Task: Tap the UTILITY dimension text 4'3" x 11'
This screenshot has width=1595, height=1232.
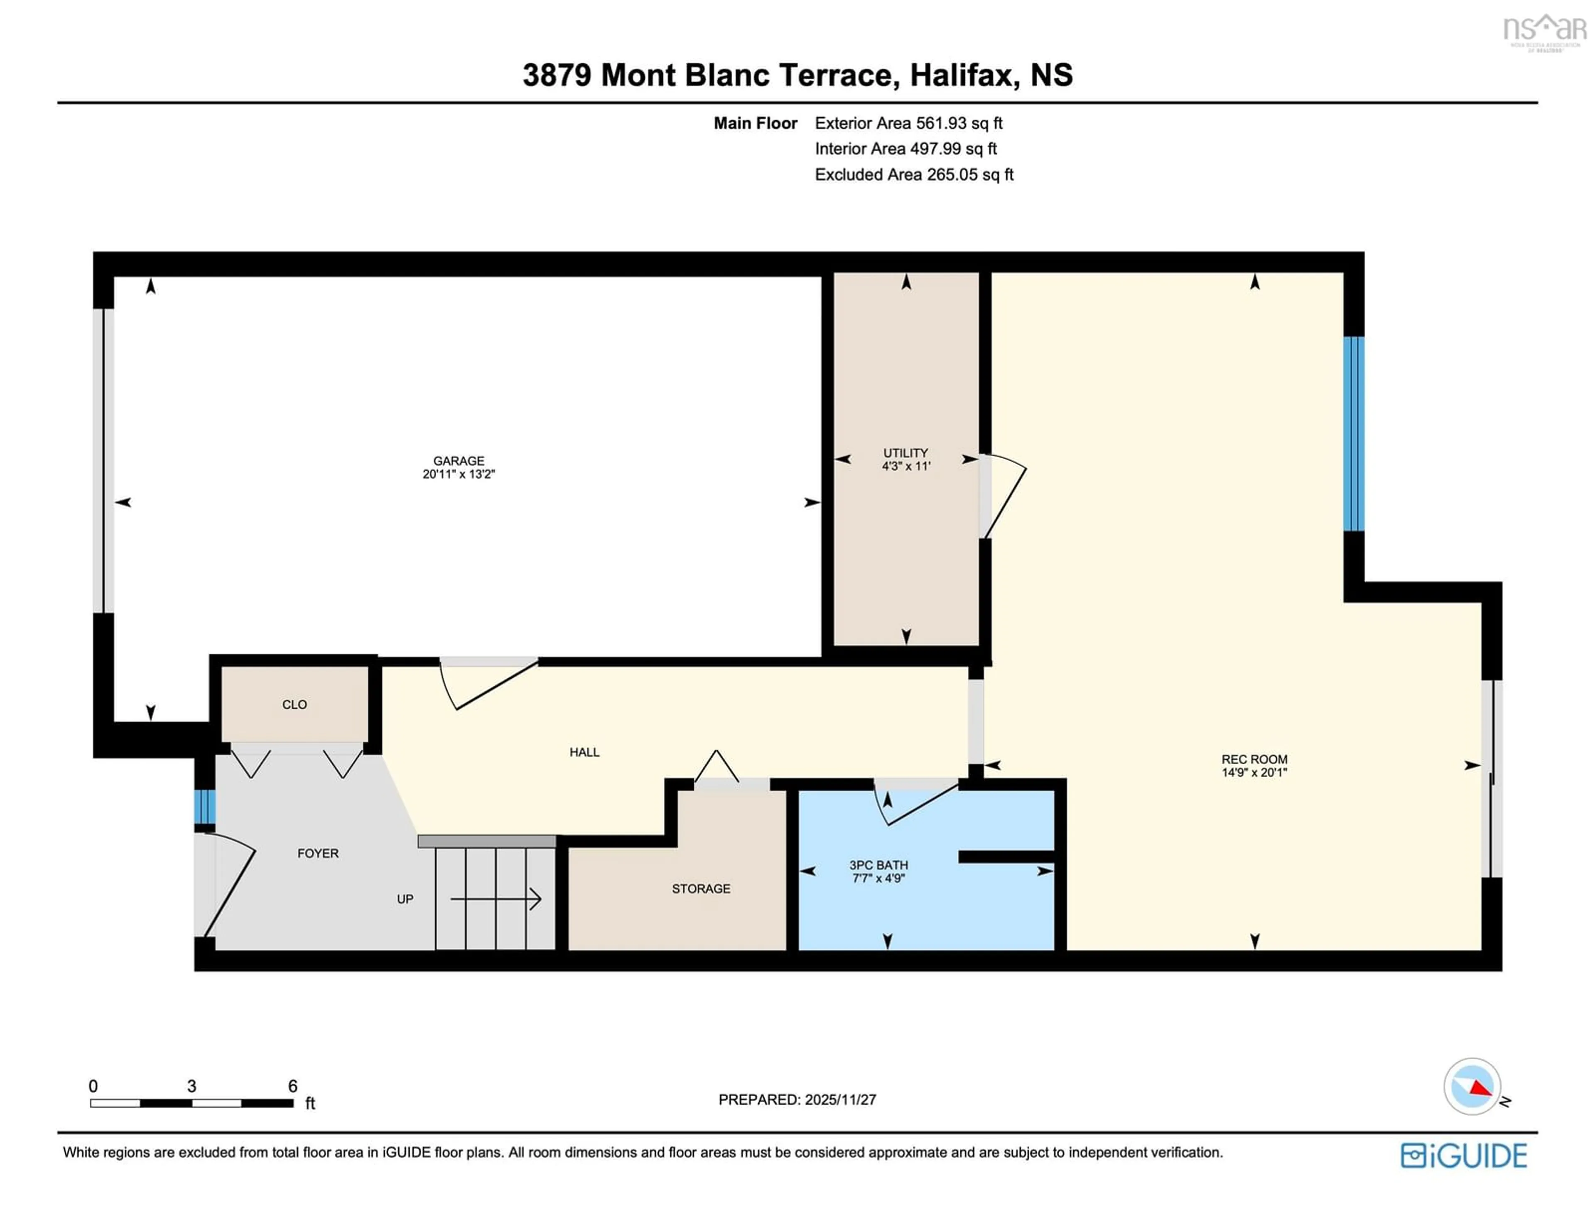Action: (x=905, y=466)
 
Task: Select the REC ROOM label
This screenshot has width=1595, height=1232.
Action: (x=1254, y=759)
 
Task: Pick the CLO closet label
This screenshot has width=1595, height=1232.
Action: (x=294, y=705)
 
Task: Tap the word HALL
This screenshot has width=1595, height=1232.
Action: (x=584, y=752)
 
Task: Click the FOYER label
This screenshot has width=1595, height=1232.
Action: (x=318, y=854)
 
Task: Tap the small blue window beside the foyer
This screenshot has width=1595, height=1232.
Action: (x=204, y=806)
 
